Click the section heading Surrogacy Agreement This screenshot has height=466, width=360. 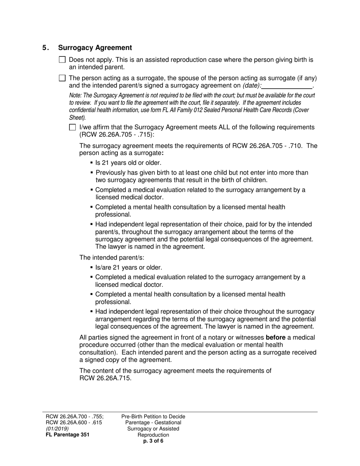coord(95,48)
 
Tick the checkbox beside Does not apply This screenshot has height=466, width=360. coord(63,60)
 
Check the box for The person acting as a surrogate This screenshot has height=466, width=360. coord(63,78)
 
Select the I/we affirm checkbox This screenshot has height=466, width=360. coord(73,127)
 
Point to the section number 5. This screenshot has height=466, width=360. coord(45,48)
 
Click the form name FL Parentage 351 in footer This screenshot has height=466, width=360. coord(67,435)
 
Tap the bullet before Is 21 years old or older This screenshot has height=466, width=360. coord(92,163)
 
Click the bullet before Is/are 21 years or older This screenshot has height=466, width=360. coord(92,267)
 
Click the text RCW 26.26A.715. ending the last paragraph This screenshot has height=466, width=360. coord(105,378)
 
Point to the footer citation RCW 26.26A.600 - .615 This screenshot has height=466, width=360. coord(74,422)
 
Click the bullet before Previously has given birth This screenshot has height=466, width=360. coord(92,173)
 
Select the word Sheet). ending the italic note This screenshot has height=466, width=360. coord(77,117)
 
